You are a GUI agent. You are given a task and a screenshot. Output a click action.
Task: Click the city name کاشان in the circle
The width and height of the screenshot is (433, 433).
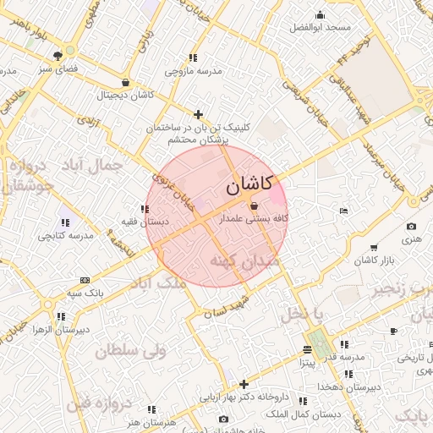pyautogui.click(x=249, y=183)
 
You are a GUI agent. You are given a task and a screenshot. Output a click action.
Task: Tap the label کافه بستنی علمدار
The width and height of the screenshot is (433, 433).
pyautogui.click(x=255, y=218)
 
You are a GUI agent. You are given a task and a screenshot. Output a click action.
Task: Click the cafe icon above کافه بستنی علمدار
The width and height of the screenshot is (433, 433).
pyautogui.click(x=255, y=206)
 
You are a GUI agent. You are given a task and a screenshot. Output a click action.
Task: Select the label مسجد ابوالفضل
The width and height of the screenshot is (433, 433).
pyautogui.click(x=320, y=28)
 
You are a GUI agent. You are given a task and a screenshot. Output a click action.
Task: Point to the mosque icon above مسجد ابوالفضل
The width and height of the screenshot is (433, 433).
pyautogui.click(x=320, y=14)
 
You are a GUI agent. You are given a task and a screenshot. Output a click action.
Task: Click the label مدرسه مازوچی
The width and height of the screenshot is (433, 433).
pyautogui.click(x=193, y=71)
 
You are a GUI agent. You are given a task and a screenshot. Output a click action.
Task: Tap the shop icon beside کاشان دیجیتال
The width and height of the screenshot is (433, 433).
pyautogui.click(x=126, y=83)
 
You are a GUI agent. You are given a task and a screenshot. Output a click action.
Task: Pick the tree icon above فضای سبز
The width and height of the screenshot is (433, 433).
pyautogui.click(x=58, y=56)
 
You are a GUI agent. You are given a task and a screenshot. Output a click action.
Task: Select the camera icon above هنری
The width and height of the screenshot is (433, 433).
pyautogui.click(x=411, y=227)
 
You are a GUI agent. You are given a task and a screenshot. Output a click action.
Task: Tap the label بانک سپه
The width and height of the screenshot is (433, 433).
pyautogui.click(x=85, y=293)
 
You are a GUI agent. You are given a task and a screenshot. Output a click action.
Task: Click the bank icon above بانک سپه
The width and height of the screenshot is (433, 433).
pyautogui.click(x=85, y=280)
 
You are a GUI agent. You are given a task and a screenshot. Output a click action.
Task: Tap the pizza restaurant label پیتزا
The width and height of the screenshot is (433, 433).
pyautogui.click(x=307, y=362)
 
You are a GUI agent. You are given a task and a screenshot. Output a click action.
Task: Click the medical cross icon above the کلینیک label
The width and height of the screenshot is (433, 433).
pyautogui.click(x=198, y=114)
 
